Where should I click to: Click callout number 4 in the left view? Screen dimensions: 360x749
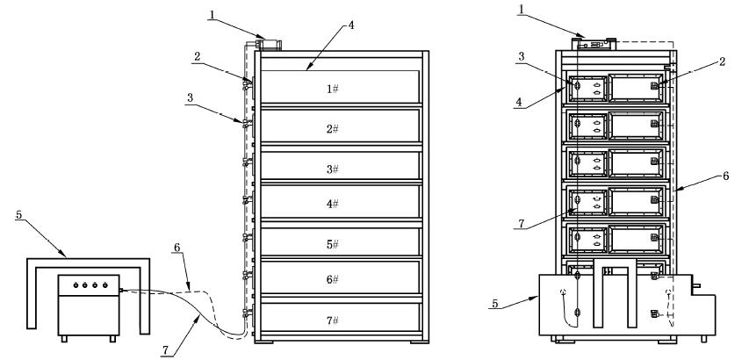351,25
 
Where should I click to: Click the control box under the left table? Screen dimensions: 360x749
88,303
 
